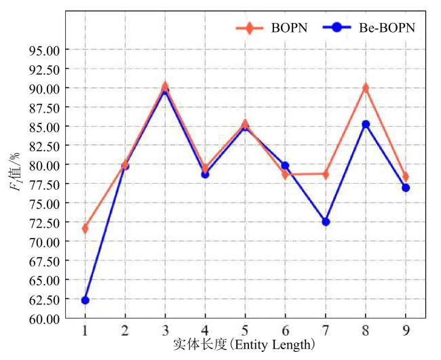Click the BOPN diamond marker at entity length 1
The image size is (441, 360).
85,228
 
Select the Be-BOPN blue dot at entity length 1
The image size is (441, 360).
85,300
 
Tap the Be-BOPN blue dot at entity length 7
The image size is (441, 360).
326,222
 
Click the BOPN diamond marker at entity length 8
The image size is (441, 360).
366,88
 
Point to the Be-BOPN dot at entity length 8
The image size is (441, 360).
366,124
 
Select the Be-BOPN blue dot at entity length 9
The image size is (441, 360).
406,188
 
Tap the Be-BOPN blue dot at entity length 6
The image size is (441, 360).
286,165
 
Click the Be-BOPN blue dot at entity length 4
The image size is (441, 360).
206,174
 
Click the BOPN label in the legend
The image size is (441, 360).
289,28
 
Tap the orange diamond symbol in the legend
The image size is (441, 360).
249,28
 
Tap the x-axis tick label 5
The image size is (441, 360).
246,330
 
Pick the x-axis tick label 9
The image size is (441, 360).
406,330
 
